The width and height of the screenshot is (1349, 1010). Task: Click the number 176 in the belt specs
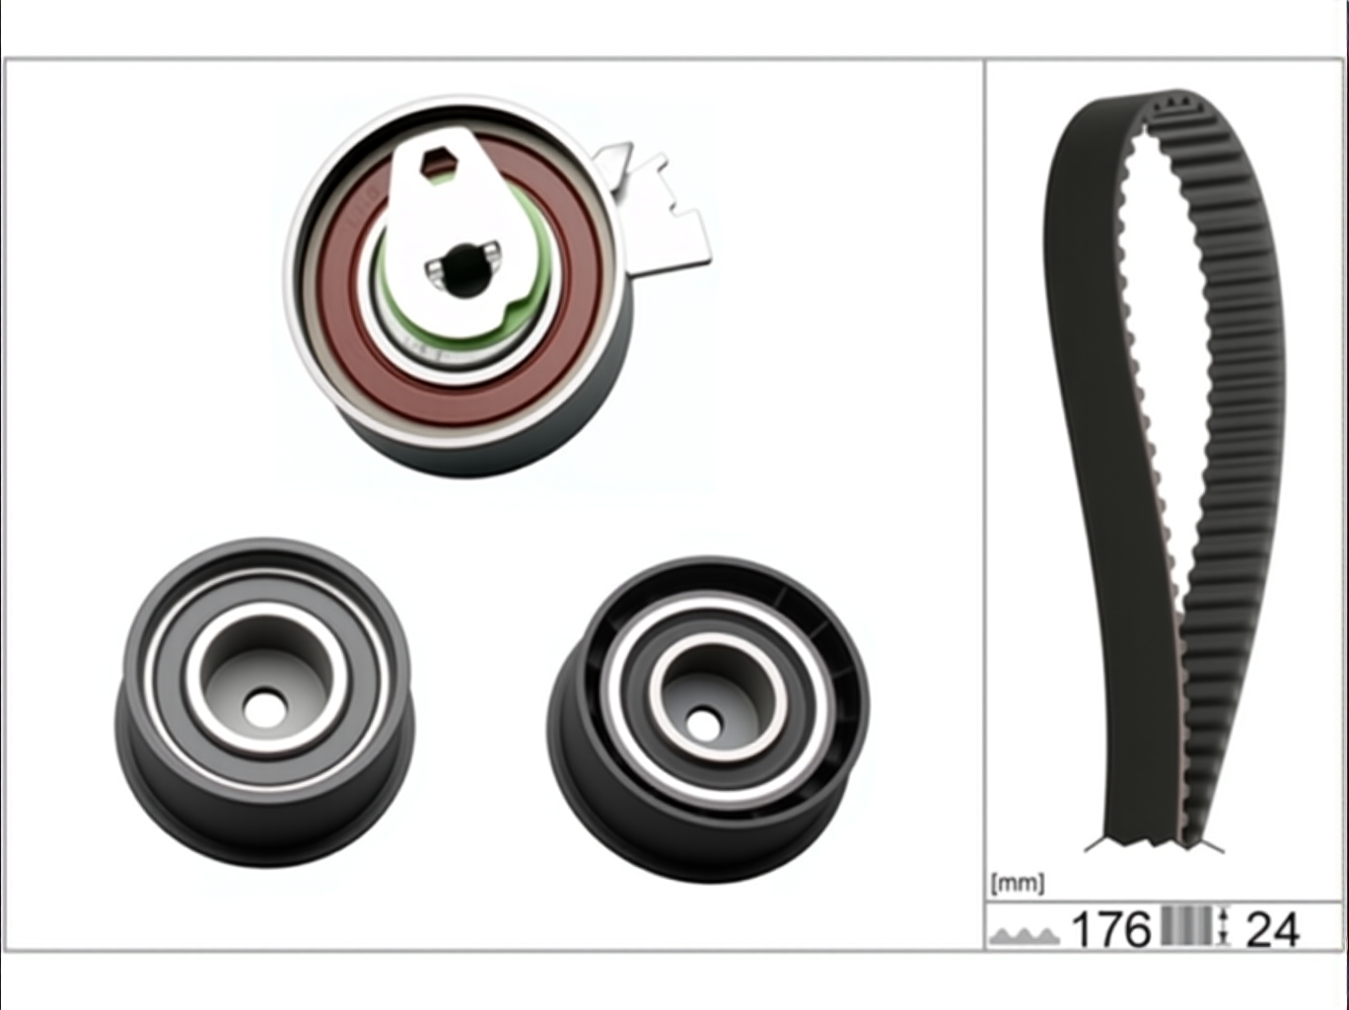pos(1110,929)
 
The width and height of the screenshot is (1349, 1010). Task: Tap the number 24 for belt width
pos(1273,929)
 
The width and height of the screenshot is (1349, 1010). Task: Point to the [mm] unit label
pos(1017,884)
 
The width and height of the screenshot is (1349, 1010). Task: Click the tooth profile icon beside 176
pos(1025,935)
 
